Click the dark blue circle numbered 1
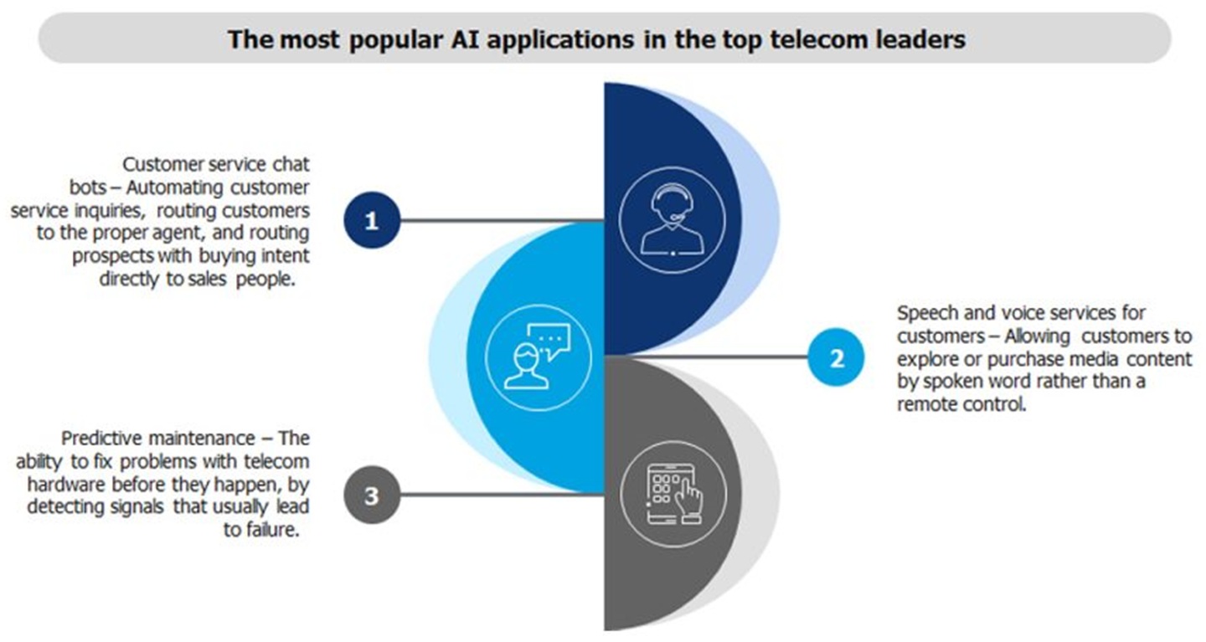click(x=373, y=221)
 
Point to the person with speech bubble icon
click(x=537, y=357)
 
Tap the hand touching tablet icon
click(x=673, y=495)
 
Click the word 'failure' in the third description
click(x=271, y=530)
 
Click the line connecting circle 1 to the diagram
click(x=502, y=221)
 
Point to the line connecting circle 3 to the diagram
click(x=502, y=496)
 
